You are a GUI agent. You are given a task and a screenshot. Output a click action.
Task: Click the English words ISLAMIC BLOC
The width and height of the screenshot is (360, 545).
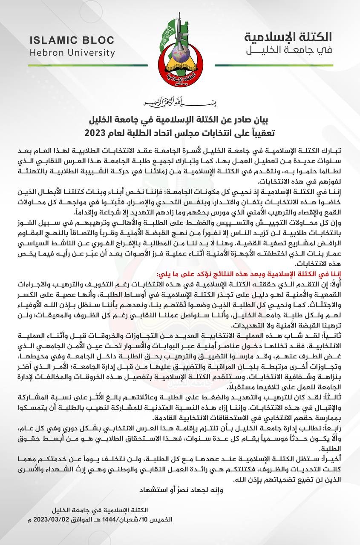tap(72, 40)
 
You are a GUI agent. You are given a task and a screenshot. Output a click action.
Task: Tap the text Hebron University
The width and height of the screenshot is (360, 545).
tap(72, 53)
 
